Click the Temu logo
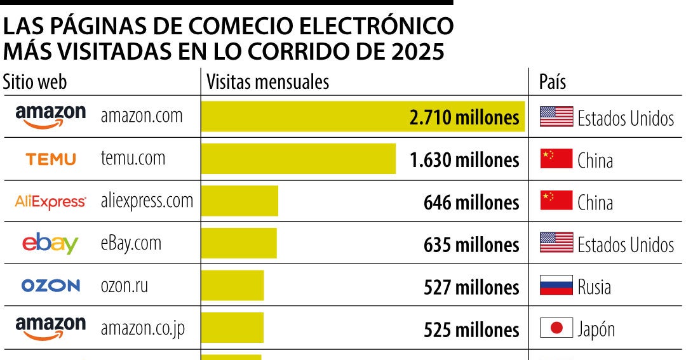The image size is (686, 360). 51,159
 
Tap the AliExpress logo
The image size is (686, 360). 50,202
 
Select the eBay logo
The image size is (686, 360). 50,244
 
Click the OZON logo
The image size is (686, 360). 51,286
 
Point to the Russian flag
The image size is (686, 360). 556,286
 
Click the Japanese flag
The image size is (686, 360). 556,328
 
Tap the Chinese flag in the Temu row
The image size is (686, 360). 556,159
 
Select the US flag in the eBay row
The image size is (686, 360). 556,243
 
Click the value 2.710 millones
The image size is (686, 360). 464,117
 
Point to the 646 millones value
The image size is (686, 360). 471,203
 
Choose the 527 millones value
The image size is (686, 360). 471,287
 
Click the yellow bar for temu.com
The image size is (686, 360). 298,159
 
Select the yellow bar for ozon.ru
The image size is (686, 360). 232,286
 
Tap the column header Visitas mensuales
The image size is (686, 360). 268,82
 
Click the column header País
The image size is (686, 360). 552,82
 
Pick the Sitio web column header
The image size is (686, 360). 35,82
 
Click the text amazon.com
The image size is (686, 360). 142,116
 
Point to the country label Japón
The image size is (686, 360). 596,329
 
